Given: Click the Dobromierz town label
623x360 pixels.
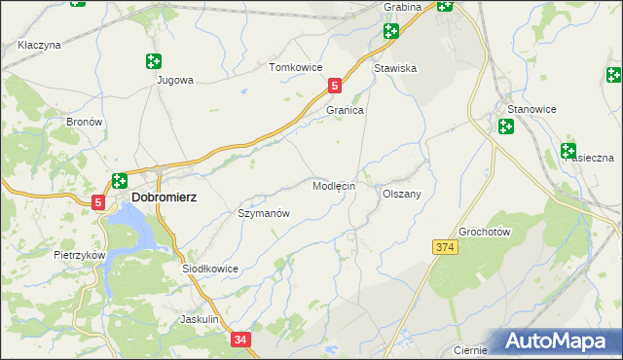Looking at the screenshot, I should click(x=164, y=197).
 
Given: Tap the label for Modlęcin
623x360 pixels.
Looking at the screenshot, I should click(x=333, y=185).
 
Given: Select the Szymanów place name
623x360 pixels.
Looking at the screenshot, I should click(x=264, y=213).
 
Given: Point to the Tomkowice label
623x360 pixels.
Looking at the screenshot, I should click(x=295, y=68).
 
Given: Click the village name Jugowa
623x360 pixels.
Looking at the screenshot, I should click(x=175, y=81).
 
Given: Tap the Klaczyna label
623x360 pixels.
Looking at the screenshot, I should click(x=40, y=45).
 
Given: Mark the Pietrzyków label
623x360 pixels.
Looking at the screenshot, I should click(x=79, y=254).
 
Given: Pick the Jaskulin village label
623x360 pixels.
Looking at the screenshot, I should click(x=204, y=319).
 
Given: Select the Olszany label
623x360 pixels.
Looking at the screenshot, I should click(x=401, y=194).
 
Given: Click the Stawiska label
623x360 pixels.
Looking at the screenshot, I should click(x=395, y=68).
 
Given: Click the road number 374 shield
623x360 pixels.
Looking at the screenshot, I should click(x=445, y=248).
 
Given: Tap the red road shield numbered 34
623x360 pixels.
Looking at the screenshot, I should click(x=241, y=340).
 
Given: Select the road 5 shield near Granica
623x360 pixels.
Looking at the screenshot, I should click(x=335, y=86).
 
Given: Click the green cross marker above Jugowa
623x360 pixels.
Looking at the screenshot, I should click(x=153, y=61).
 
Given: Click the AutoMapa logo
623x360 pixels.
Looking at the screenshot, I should click(x=559, y=342).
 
